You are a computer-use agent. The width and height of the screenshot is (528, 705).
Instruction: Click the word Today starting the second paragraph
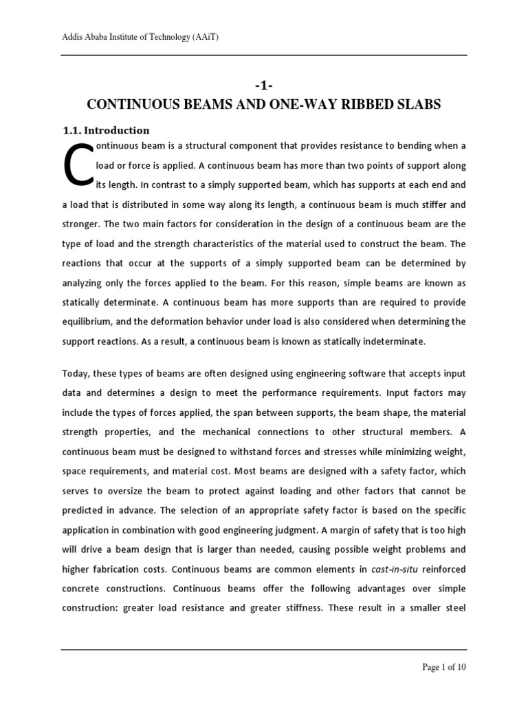(76, 373)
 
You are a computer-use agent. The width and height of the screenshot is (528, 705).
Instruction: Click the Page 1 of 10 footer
(443, 667)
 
